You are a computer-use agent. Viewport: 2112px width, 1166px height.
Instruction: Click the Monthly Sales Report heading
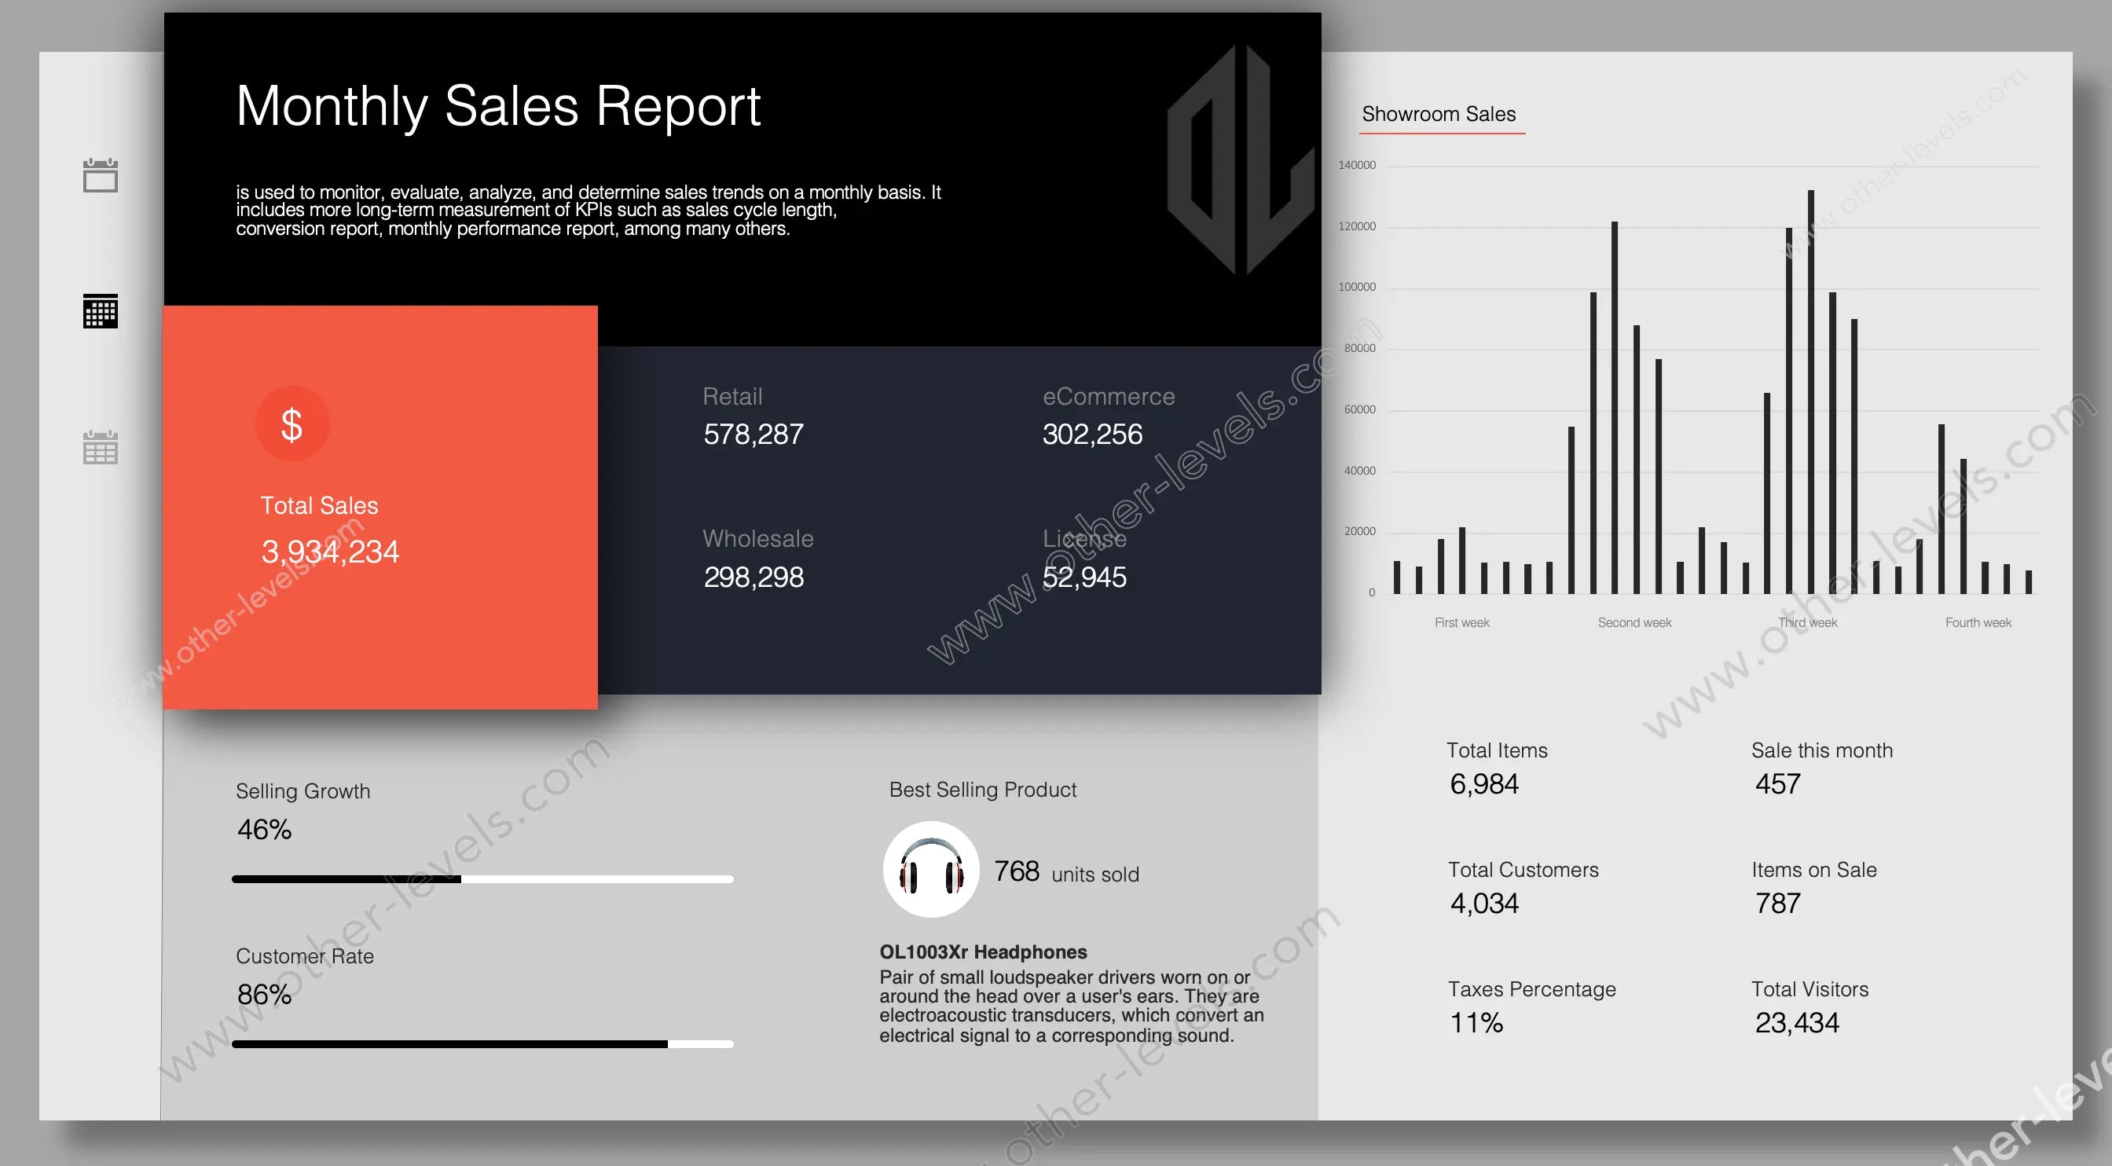(497, 107)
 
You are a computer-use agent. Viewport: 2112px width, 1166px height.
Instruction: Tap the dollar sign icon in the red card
(291, 424)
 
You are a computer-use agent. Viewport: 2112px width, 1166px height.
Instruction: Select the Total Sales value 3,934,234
(329, 552)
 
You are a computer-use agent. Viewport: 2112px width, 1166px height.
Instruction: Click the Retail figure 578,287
(753, 434)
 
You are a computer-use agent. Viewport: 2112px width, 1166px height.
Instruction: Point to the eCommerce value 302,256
(1092, 434)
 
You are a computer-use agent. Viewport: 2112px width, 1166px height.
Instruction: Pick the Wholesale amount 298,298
(753, 577)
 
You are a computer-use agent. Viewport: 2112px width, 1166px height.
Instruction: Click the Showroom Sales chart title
(1438, 114)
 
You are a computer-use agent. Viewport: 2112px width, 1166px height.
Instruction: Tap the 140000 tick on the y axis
(1357, 166)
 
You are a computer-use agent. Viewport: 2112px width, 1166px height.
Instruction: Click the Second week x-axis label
(1634, 623)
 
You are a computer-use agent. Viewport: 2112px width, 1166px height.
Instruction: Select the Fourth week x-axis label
(1978, 623)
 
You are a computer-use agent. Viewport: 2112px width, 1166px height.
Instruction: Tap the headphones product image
(930, 870)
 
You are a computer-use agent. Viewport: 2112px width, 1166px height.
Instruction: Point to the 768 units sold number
(1017, 871)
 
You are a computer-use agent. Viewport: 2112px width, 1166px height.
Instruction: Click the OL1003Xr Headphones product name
(983, 952)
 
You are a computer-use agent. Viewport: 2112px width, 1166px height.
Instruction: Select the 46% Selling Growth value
(264, 830)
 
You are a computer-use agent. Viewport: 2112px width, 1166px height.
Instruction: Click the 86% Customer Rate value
(264, 995)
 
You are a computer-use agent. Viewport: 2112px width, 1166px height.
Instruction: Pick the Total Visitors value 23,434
(1796, 1023)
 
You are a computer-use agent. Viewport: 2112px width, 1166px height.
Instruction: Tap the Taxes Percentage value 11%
(1476, 1023)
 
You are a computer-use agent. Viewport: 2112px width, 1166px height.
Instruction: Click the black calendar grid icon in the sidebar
(101, 312)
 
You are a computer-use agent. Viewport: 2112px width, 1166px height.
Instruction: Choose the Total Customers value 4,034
(1484, 904)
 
